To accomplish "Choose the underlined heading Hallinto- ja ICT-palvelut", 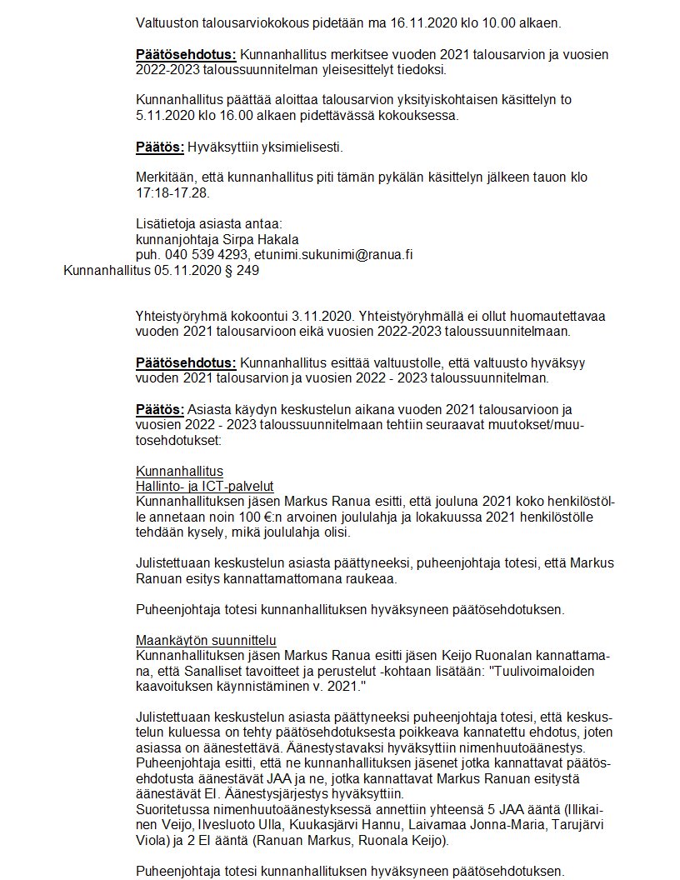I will tap(205, 486).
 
